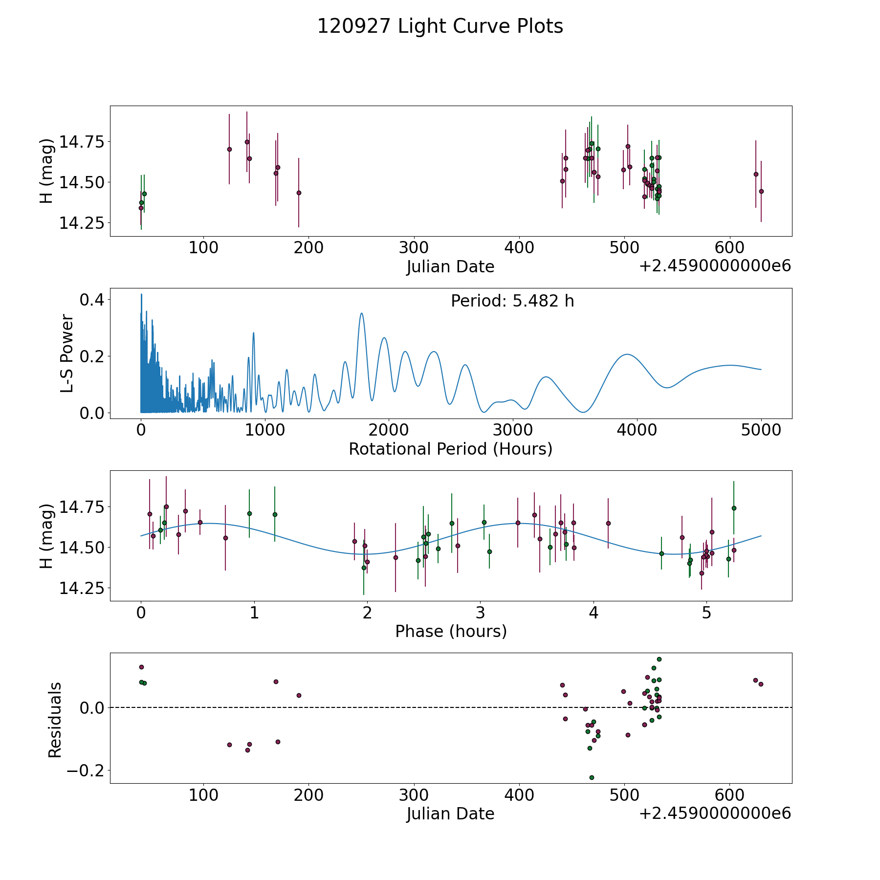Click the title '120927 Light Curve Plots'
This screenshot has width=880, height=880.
point(440,26)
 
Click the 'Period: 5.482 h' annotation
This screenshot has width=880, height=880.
point(512,301)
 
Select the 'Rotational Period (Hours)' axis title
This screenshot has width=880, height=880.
point(450,449)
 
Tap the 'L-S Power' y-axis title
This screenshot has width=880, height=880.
point(67,353)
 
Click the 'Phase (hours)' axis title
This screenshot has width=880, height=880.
point(451,631)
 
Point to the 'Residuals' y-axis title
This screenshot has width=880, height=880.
point(55,720)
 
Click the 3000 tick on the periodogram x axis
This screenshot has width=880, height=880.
point(513,431)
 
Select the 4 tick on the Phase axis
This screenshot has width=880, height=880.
point(594,613)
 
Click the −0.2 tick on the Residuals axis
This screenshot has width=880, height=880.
point(85,771)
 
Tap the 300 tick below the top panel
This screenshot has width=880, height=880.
point(414,248)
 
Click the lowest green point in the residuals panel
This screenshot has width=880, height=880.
point(592,777)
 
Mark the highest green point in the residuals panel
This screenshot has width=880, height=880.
point(659,659)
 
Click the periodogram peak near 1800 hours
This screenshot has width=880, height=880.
point(361,313)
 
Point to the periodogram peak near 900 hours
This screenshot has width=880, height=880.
point(253,333)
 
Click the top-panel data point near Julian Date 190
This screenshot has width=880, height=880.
point(299,193)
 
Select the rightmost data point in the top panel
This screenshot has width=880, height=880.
point(761,191)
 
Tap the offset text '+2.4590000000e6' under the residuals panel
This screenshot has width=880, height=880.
point(715,814)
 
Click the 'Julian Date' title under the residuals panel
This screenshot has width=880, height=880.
point(450,814)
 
